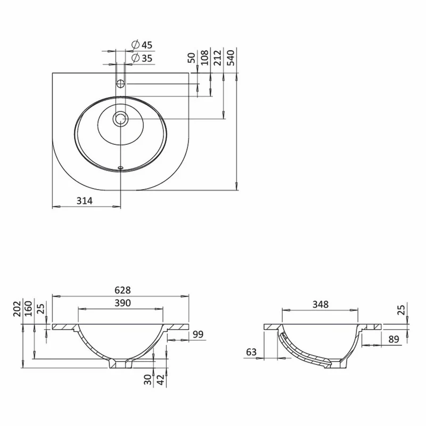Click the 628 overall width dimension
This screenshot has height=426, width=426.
click(x=122, y=290)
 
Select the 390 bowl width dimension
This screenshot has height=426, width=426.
click(x=122, y=303)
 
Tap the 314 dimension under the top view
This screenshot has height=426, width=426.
click(x=85, y=201)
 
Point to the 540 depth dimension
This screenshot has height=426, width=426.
click(x=231, y=58)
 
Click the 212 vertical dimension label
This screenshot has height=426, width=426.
click(x=218, y=58)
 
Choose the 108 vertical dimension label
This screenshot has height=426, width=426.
click(x=204, y=58)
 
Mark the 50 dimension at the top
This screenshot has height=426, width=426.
click(x=192, y=58)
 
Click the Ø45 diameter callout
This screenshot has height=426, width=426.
click(x=142, y=45)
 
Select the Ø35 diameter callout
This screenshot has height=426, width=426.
click(x=142, y=58)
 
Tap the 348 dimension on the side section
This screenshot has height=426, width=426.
click(x=321, y=305)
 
